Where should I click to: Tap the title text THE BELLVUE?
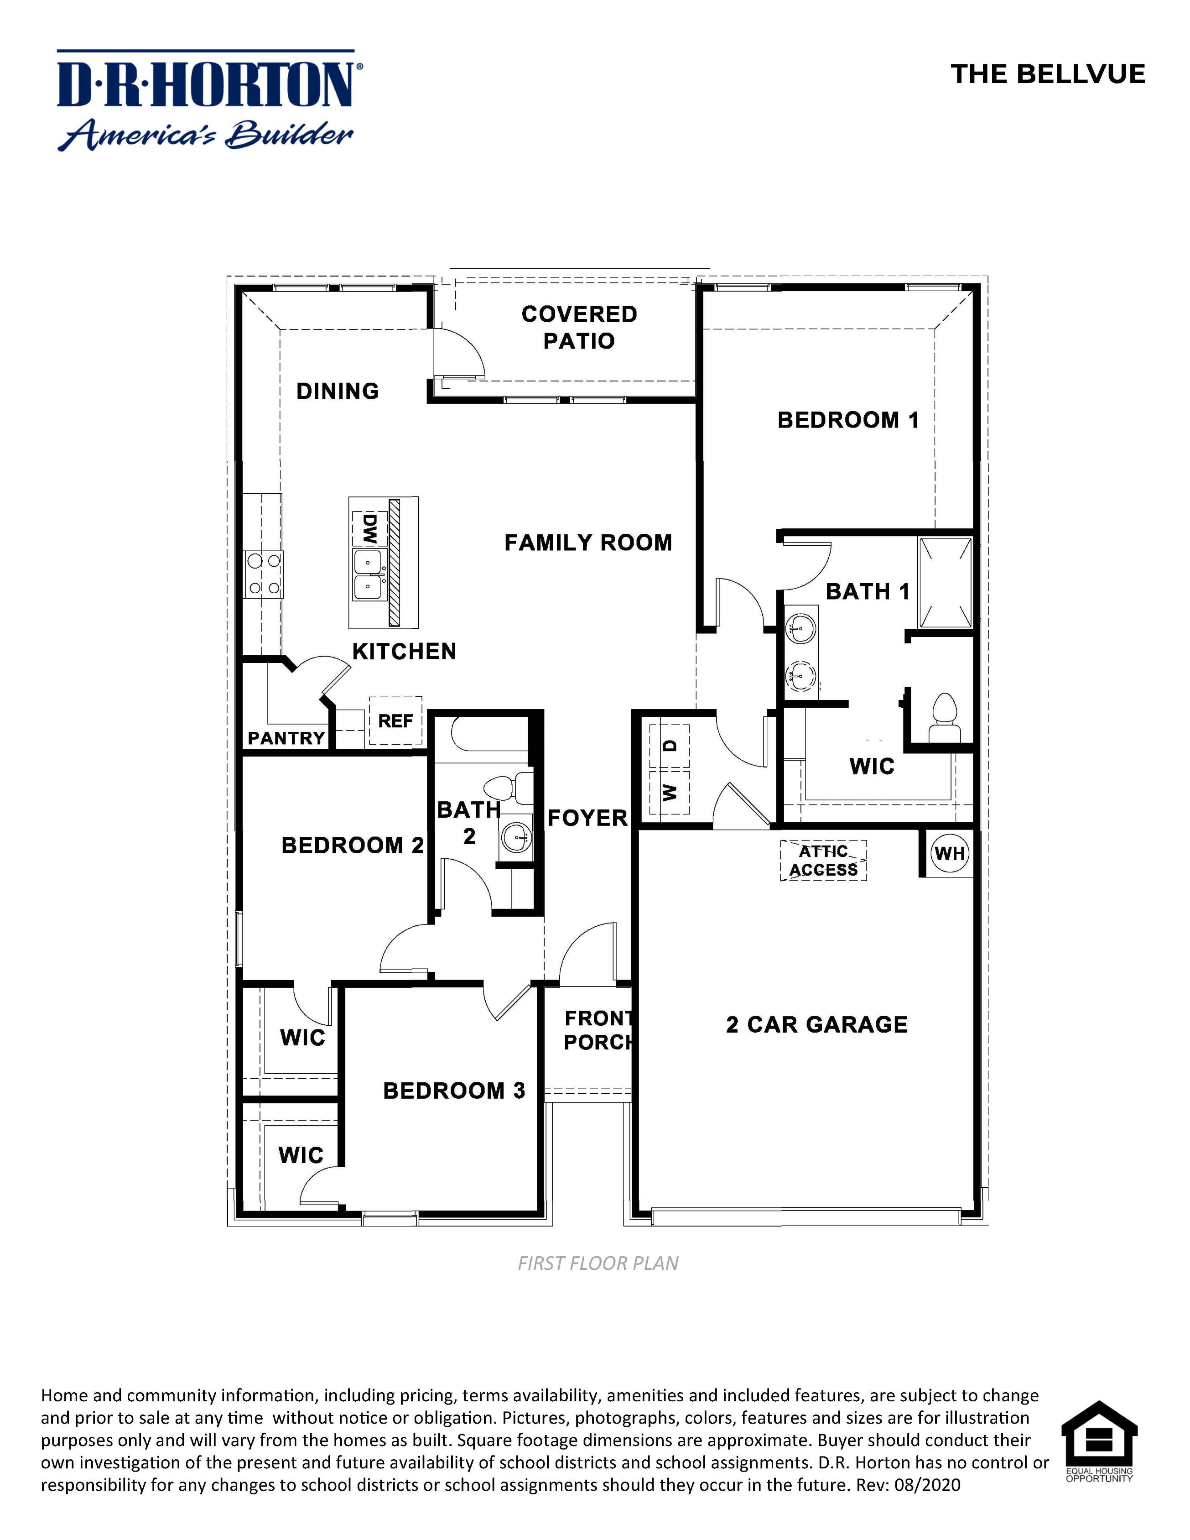tap(1048, 74)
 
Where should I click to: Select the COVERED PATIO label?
tap(579, 327)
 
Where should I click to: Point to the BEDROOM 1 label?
tap(848, 420)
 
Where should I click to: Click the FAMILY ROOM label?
tap(588, 543)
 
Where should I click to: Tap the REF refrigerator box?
tap(395, 720)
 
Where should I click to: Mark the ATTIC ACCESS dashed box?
tap(823, 860)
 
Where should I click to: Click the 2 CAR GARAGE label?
tap(816, 1024)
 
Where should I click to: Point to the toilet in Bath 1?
tap(944, 716)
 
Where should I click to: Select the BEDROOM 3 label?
tap(454, 1091)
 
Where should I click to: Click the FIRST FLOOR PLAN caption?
tap(598, 1263)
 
